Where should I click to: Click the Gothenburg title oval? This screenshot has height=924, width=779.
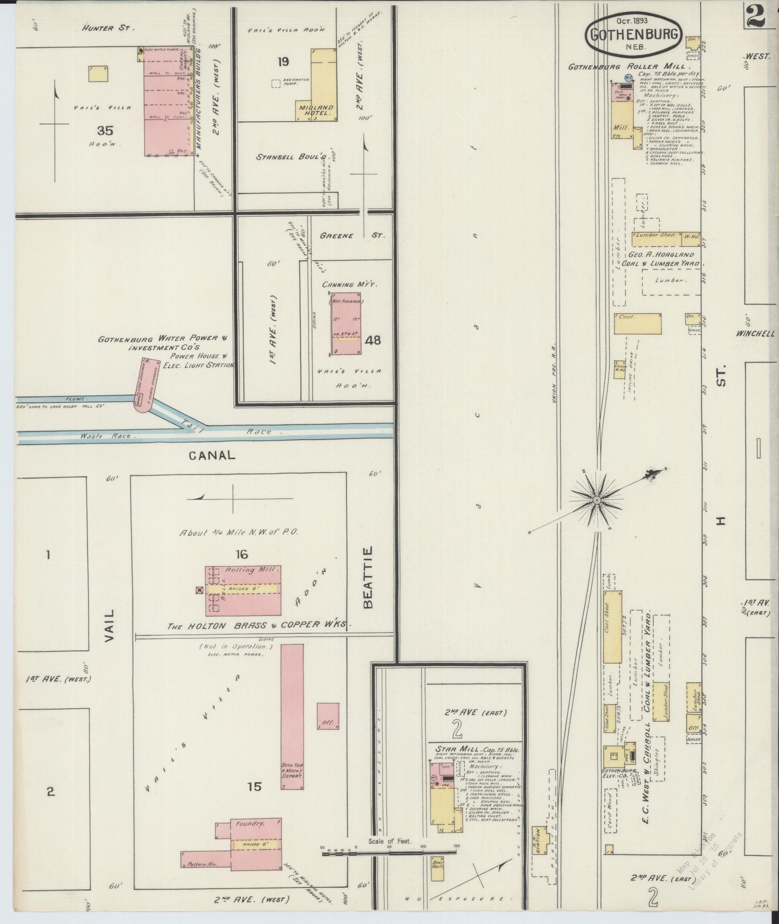[x=633, y=33]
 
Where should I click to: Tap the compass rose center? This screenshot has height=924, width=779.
[x=597, y=501]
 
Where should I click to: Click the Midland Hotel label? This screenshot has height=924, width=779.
[x=315, y=111]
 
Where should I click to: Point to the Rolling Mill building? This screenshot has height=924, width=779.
[x=243, y=590]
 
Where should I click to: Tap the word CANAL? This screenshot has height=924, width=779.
[x=212, y=455]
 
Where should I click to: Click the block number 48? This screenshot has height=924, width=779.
[x=373, y=340]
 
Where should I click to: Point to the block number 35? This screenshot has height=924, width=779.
[x=105, y=130]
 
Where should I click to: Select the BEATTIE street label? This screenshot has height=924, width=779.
[x=369, y=577]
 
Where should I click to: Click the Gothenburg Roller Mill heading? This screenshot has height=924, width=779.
[x=625, y=67]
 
